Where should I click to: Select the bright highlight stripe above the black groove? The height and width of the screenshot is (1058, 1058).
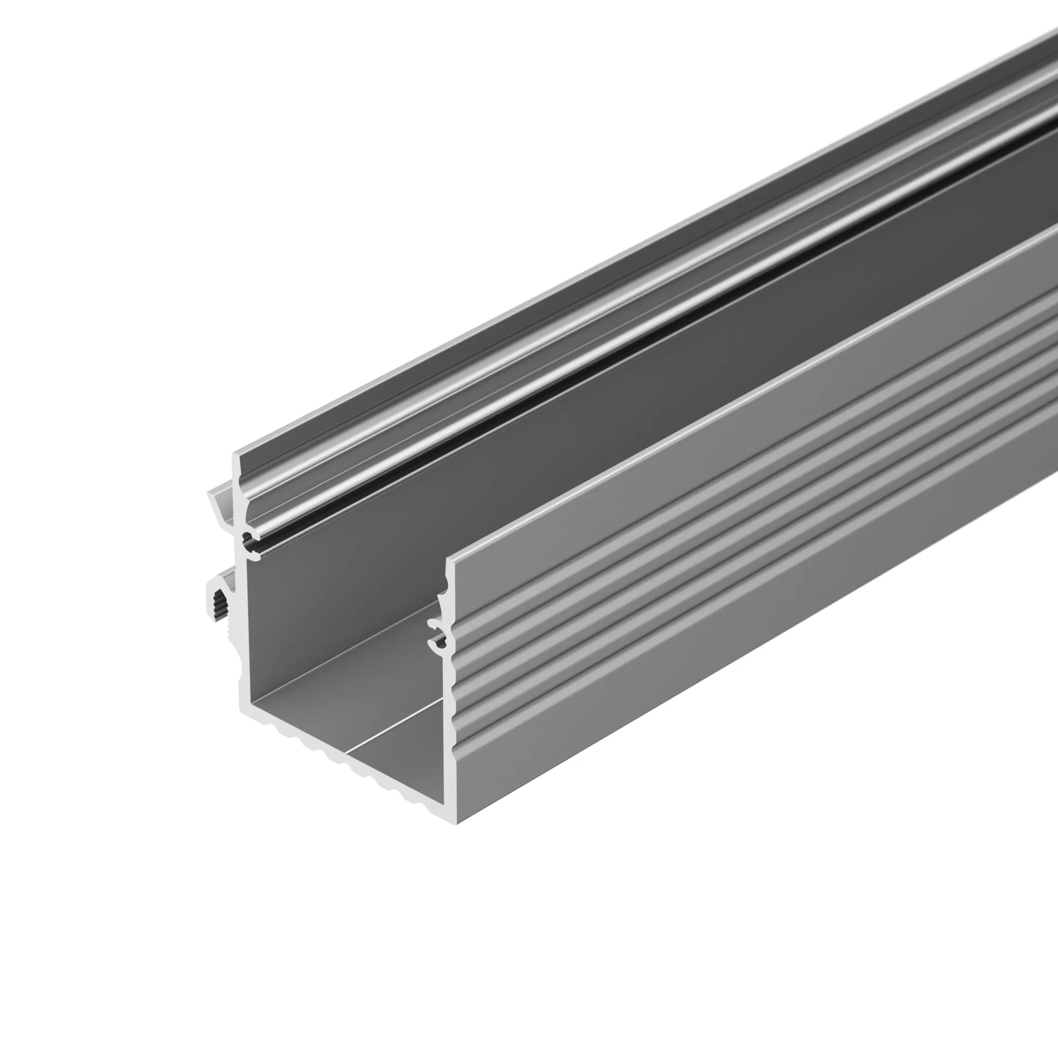click(493, 408)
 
